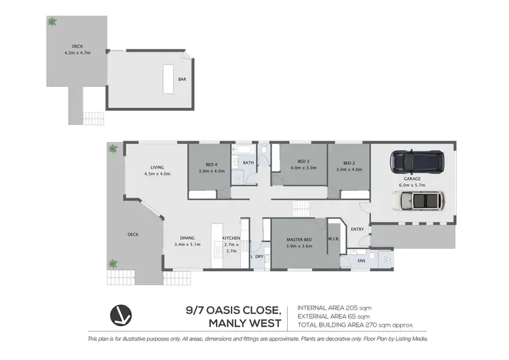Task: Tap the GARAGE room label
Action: [x=413, y=179]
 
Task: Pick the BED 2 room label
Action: [x=349, y=164]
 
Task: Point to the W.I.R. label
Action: [x=333, y=238]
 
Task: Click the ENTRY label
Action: [x=357, y=229]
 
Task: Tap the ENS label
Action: [x=362, y=260]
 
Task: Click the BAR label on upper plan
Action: [x=182, y=79]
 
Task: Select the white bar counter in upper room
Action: [x=167, y=79]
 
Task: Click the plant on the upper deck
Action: [x=51, y=22]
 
